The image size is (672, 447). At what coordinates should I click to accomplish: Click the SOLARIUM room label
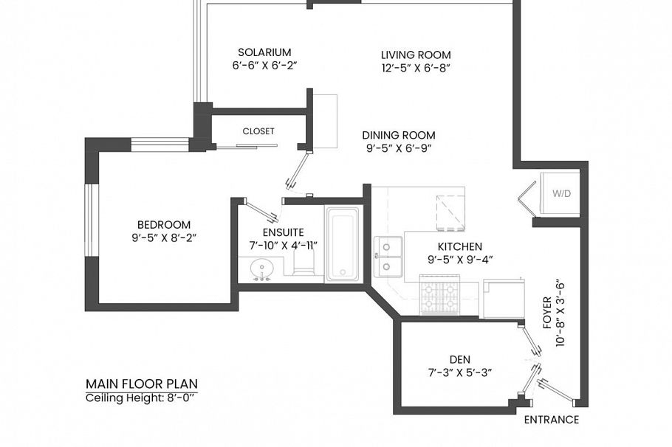pos(264,52)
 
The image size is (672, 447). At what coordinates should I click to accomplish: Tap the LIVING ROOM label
pos(416,55)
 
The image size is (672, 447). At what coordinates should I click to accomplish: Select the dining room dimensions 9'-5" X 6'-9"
pos(398,148)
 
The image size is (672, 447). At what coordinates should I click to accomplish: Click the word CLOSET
pos(258,131)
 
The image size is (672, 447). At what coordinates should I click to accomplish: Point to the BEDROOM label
pos(164,224)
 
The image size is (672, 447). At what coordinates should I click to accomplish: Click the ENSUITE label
pos(283,232)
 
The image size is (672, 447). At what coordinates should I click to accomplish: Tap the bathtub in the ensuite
pos(342,244)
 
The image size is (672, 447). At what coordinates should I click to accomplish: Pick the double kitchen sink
pos(388,257)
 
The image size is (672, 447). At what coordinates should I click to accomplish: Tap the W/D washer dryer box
pos(560,193)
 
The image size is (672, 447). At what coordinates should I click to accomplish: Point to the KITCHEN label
pos(460,246)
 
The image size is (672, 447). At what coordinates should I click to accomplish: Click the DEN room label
pos(460,359)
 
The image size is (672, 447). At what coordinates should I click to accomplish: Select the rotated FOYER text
pos(547,312)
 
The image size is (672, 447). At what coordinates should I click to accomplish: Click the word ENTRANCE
pos(552,420)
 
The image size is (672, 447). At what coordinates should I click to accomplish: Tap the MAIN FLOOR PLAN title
pos(142,384)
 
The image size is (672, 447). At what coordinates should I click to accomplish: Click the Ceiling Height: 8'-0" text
pos(140,398)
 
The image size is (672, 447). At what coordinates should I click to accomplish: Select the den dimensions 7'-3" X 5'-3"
pos(460,372)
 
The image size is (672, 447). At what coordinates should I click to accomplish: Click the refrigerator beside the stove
pos(504,299)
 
